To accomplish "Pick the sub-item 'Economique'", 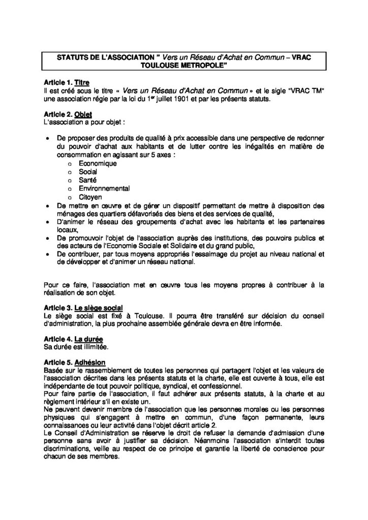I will coord(98,164).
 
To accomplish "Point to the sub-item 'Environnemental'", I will coord(104,188).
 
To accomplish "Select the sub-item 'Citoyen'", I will coord(90,196).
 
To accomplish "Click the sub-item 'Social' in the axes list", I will coord(88,172).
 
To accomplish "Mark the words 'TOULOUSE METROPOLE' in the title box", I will coord(184,66).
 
